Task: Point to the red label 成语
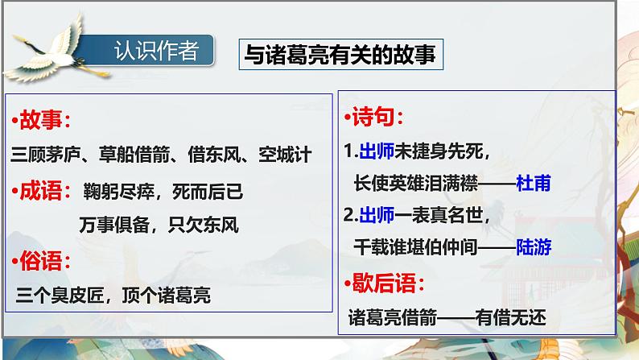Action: pyautogui.click(x=44, y=191)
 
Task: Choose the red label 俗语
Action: pyautogui.click(x=44, y=261)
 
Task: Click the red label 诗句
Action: pyautogui.click(x=377, y=118)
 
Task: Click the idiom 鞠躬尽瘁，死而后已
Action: pyautogui.click(x=162, y=192)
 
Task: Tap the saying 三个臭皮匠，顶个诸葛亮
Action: pyautogui.click(x=113, y=296)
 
